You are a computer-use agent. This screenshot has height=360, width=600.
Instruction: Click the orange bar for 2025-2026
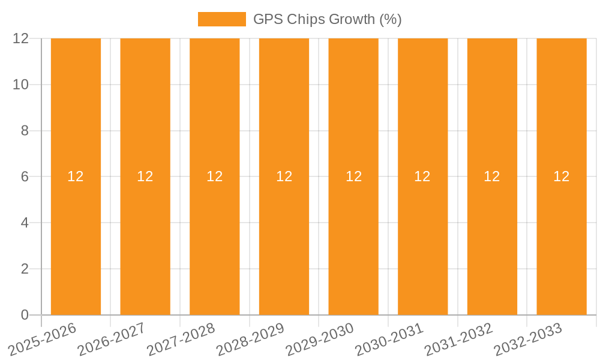[76, 240]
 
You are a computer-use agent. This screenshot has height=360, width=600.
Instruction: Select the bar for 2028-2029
[284, 240]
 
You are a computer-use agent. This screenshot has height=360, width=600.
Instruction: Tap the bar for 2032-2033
[561, 240]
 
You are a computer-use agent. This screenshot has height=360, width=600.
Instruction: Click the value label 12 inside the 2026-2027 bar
[145, 176]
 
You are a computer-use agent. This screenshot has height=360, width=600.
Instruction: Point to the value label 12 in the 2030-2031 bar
[422, 176]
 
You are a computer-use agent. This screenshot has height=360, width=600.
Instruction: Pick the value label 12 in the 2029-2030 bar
[353, 176]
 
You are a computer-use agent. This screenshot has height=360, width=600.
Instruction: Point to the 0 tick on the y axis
[25, 315]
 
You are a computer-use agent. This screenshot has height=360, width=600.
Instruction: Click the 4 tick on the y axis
[25, 223]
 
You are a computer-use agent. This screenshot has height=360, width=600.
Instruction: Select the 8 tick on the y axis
[25, 131]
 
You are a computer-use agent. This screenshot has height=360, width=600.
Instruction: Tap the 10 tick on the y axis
[21, 85]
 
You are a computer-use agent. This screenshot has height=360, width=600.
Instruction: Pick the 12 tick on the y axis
[21, 38]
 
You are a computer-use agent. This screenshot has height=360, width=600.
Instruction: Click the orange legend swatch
[221, 19]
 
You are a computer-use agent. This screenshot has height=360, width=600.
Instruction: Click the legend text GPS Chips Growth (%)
[327, 19]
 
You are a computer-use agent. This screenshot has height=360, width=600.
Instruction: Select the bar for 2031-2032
[492, 240]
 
